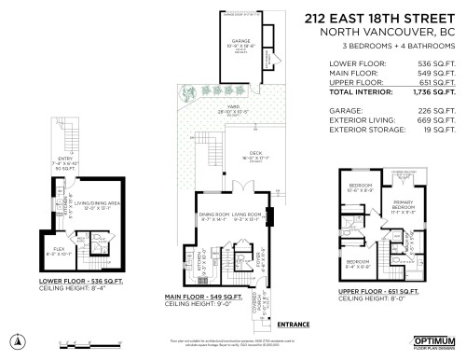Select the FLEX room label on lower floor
pos(54,247)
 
